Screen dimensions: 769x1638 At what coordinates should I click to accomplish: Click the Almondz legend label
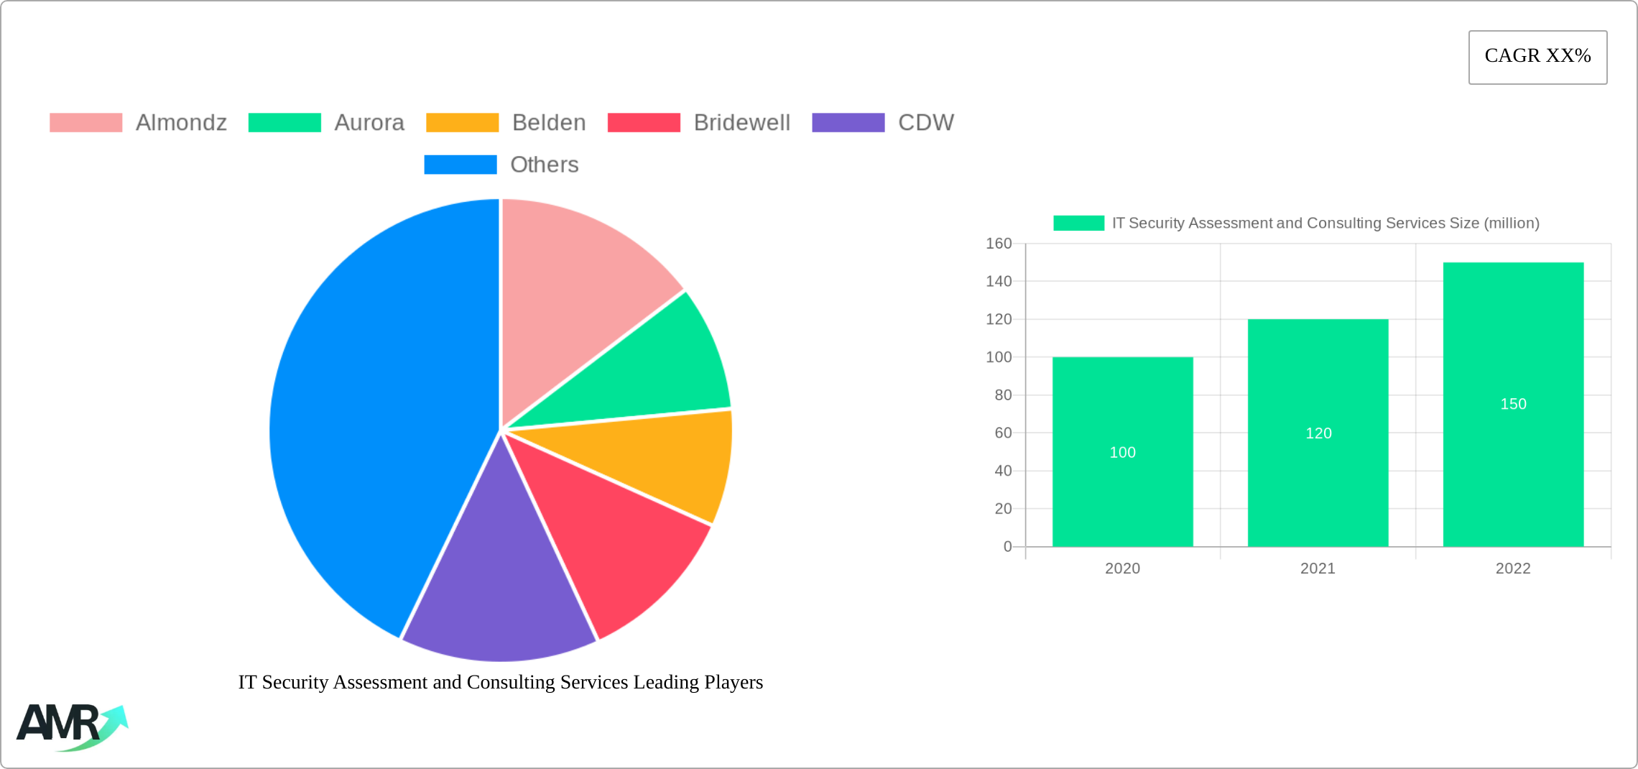coord(181,123)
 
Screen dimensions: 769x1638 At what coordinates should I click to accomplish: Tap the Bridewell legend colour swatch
coord(644,123)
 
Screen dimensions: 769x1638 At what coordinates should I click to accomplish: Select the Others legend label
coord(544,165)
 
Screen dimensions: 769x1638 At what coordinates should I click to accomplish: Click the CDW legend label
coord(925,123)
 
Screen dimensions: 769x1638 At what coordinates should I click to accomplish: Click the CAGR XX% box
coord(1537,57)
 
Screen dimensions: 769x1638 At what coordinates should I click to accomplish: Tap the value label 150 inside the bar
coord(1513,404)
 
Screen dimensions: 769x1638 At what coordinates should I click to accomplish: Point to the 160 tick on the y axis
coord(998,244)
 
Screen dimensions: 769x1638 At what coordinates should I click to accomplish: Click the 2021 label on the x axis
coord(1318,568)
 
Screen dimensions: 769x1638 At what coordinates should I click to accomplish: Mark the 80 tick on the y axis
coord(1002,395)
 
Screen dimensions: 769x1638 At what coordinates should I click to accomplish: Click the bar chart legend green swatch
coord(1078,223)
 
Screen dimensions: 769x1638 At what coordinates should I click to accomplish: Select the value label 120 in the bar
coord(1318,433)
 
